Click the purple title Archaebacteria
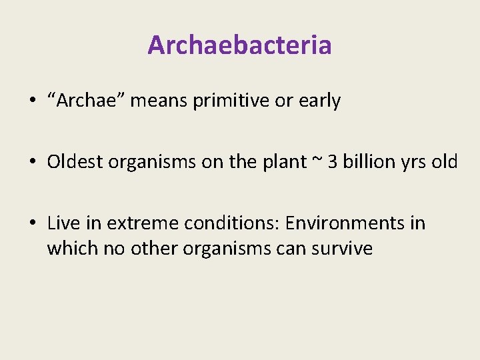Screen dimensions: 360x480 (239, 45)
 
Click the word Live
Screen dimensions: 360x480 (63, 223)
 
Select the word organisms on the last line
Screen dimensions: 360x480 (217, 249)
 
